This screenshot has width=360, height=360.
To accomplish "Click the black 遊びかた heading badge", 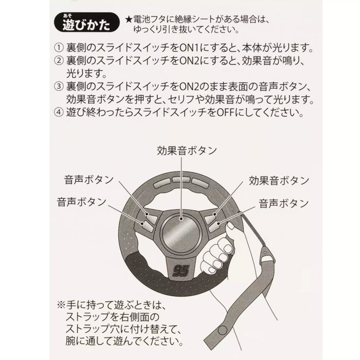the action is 87,22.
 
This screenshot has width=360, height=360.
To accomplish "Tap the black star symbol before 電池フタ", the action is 129,20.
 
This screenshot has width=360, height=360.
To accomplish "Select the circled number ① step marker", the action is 59,48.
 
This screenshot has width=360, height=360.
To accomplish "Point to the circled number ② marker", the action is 59,61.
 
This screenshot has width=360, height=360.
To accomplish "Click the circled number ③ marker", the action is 59,86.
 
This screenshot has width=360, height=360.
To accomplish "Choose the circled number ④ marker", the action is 59,112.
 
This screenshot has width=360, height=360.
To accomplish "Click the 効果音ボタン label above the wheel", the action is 187,151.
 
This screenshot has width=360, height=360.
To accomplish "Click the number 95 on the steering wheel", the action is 181,271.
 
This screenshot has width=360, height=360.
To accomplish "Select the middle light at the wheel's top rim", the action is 182,179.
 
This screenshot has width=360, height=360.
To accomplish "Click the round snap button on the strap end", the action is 222,330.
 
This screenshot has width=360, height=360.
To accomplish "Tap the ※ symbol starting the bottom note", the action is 61,305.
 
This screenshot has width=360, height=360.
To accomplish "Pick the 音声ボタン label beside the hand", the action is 284,204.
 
